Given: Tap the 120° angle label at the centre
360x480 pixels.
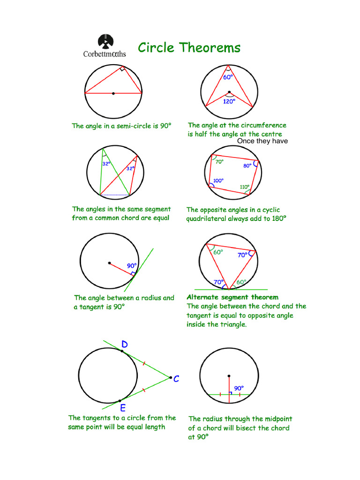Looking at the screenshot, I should pyautogui.click(x=229, y=101).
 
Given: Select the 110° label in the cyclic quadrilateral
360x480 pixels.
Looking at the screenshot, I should pyautogui.click(x=244, y=187).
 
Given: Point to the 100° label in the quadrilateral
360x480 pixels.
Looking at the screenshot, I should pyautogui.click(x=218, y=180).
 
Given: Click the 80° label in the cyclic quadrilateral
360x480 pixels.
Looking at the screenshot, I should pyautogui.click(x=247, y=166).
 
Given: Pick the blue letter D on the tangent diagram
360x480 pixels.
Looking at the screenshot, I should pyautogui.click(x=124, y=345).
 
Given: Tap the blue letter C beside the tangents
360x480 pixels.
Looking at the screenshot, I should pyautogui.click(x=176, y=379).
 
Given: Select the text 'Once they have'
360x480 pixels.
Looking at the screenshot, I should pyautogui.click(x=262, y=141).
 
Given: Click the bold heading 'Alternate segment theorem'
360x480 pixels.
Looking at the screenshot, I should pyautogui.click(x=232, y=297).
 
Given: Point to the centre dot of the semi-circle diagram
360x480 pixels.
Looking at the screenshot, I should pyautogui.click(x=113, y=94).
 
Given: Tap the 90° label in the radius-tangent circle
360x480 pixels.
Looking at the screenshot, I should pyautogui.click(x=131, y=266).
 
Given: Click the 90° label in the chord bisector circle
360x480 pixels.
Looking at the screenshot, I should pyautogui.click(x=239, y=388).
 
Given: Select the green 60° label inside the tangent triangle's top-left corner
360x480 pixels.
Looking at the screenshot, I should pyautogui.click(x=218, y=252).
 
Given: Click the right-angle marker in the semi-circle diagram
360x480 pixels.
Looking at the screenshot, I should pyautogui.click(x=121, y=69).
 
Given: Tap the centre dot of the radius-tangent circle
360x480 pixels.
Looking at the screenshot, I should pyautogui.click(x=109, y=262).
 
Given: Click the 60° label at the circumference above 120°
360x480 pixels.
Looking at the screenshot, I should pyautogui.click(x=228, y=77).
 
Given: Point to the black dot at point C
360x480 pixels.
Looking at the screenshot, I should pyautogui.click(x=171, y=377).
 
